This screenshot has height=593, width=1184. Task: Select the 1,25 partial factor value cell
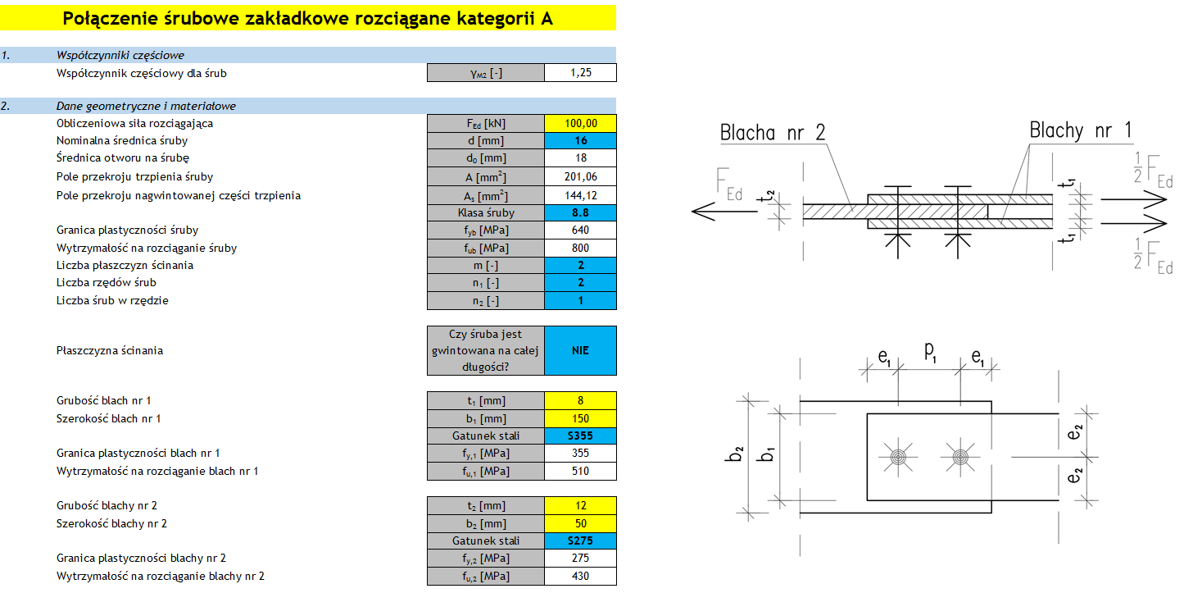580,73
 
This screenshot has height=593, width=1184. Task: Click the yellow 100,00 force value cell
580,124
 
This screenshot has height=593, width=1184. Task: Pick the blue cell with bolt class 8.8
580,212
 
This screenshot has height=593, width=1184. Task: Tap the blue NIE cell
580,350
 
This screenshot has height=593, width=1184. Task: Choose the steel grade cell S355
580,436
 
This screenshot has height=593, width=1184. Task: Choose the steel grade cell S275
580,541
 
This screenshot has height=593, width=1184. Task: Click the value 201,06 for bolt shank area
580,176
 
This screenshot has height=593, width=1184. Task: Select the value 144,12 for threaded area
580,195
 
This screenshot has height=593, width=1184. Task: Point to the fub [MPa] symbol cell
486,248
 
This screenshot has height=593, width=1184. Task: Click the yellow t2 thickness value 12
580,505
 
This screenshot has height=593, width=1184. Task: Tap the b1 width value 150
580,418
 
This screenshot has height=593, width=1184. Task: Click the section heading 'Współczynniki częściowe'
120,55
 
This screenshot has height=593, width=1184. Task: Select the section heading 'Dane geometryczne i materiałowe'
146,106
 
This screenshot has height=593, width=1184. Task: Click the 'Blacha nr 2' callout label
773,132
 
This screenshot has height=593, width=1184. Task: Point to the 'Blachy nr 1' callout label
1081,130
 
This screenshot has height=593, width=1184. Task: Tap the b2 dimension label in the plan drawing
738,454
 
